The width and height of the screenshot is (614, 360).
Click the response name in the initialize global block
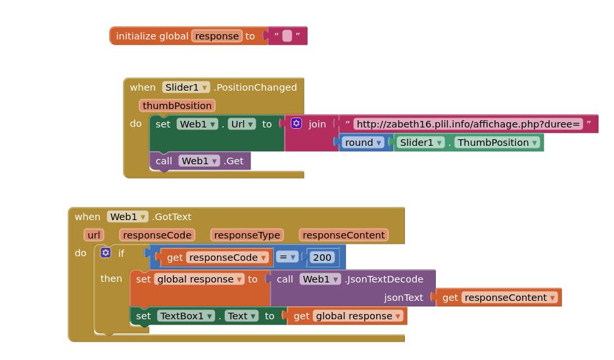click(217, 36)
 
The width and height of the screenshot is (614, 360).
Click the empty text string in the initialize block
click(287, 36)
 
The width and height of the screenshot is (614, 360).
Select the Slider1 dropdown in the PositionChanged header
click(187, 87)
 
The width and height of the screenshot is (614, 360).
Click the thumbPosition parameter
click(177, 106)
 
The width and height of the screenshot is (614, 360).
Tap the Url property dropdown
click(241, 124)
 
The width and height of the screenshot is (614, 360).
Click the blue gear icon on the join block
click(296, 124)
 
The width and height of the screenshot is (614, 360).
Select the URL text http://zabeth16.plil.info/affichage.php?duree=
click(468, 124)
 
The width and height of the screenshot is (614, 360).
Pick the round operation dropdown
click(363, 143)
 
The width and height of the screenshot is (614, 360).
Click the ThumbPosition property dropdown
click(498, 143)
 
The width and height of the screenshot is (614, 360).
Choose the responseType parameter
click(247, 235)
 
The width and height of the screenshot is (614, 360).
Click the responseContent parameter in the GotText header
click(344, 235)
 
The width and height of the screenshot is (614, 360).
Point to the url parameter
click(94, 235)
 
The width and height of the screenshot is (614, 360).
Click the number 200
click(321, 258)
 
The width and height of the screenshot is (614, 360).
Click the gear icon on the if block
click(105, 253)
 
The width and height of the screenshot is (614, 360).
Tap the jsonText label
click(404, 298)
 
